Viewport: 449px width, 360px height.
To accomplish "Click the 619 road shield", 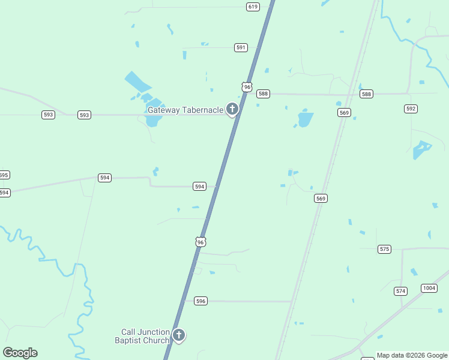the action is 253,7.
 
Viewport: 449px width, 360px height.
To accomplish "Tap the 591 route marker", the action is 241,47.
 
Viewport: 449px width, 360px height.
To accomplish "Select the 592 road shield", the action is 411,109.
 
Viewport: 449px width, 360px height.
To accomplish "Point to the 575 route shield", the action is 385,248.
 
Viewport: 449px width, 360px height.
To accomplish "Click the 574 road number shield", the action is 400,291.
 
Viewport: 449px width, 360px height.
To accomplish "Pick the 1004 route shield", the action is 429,289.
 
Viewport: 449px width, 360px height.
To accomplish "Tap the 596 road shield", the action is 201,301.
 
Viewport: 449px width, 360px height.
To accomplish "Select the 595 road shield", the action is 4,175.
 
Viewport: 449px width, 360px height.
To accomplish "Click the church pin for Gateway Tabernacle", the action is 232,109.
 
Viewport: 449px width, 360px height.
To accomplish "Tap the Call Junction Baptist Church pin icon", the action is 178,335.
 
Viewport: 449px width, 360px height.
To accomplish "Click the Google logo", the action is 20,353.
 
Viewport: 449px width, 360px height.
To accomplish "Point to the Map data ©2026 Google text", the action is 412,355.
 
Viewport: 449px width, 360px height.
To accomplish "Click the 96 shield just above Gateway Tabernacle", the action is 247,87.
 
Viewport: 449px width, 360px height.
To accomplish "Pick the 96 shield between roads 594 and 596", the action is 200,241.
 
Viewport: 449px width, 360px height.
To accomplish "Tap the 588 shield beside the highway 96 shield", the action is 263,94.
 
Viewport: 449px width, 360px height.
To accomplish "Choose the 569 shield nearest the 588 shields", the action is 344,112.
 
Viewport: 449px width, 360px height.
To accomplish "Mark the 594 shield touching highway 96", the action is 200,187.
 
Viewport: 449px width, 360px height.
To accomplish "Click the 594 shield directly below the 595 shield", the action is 4,193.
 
